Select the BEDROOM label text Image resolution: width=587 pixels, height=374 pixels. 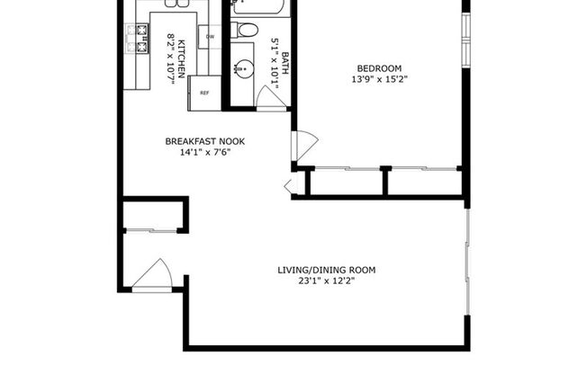(x=379, y=68)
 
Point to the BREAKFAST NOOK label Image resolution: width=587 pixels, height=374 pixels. (x=205, y=141)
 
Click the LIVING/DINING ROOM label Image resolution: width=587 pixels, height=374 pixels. (x=326, y=270)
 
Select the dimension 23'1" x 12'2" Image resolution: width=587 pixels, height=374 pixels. (x=326, y=280)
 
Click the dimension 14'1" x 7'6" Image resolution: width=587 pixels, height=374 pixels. (x=205, y=152)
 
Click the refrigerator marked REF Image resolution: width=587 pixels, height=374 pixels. (x=204, y=93)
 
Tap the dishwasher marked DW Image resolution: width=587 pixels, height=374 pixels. (x=210, y=37)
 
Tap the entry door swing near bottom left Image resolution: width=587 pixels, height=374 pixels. (x=153, y=274)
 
